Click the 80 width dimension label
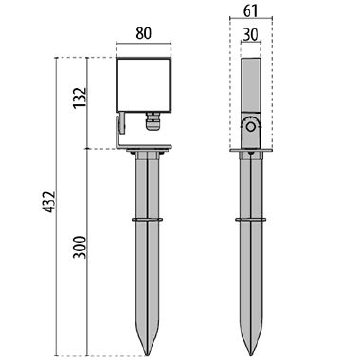(x=144, y=33)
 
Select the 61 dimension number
(x=251, y=11)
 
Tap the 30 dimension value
(x=251, y=35)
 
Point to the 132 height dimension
(x=80, y=98)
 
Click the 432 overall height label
(x=49, y=202)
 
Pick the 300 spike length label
(x=80, y=247)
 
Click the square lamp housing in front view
(x=144, y=84)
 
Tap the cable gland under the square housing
(x=153, y=120)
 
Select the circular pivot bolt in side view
(x=251, y=126)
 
